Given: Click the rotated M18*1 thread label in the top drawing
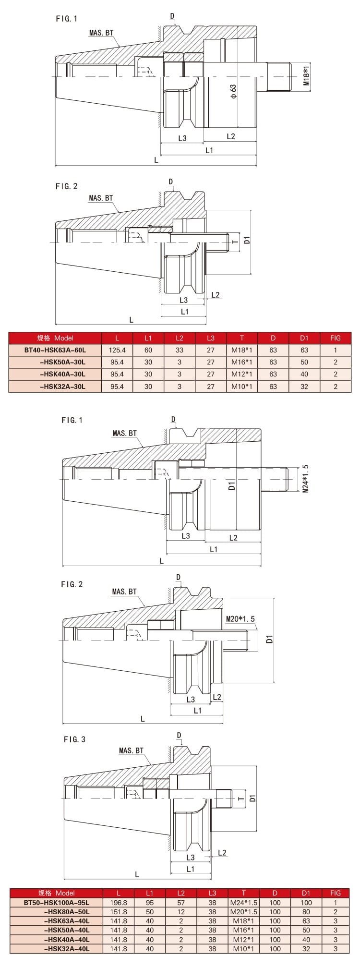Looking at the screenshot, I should (x=306, y=76).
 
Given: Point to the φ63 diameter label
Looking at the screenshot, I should (x=233, y=91).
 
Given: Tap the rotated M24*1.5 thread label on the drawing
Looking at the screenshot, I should (x=306, y=479).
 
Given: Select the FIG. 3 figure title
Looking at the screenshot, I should (x=74, y=739).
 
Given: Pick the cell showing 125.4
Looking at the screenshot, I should (x=118, y=351).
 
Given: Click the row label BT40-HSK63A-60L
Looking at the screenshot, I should (x=55, y=351).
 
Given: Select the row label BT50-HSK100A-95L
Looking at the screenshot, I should (x=57, y=902).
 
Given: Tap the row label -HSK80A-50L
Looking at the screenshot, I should (x=66, y=911).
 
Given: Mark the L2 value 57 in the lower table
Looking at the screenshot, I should (x=181, y=902).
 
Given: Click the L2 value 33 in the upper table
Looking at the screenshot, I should (x=180, y=351).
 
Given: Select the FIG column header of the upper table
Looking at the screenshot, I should (x=336, y=338).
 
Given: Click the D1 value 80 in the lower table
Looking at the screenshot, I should (x=306, y=911).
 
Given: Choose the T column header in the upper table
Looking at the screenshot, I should (x=242, y=338).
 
